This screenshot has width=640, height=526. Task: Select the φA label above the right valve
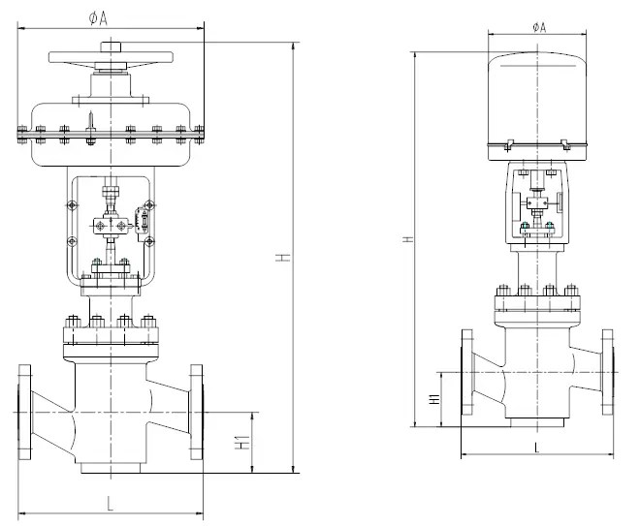pos(539,27)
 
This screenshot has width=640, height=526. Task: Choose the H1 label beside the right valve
pos(435,398)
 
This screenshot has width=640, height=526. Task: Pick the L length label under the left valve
pos(110,504)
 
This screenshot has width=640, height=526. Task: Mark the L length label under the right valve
pos(536,447)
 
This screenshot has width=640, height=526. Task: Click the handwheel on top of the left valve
pos(112,60)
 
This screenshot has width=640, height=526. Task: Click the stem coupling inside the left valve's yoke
pos(111,227)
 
